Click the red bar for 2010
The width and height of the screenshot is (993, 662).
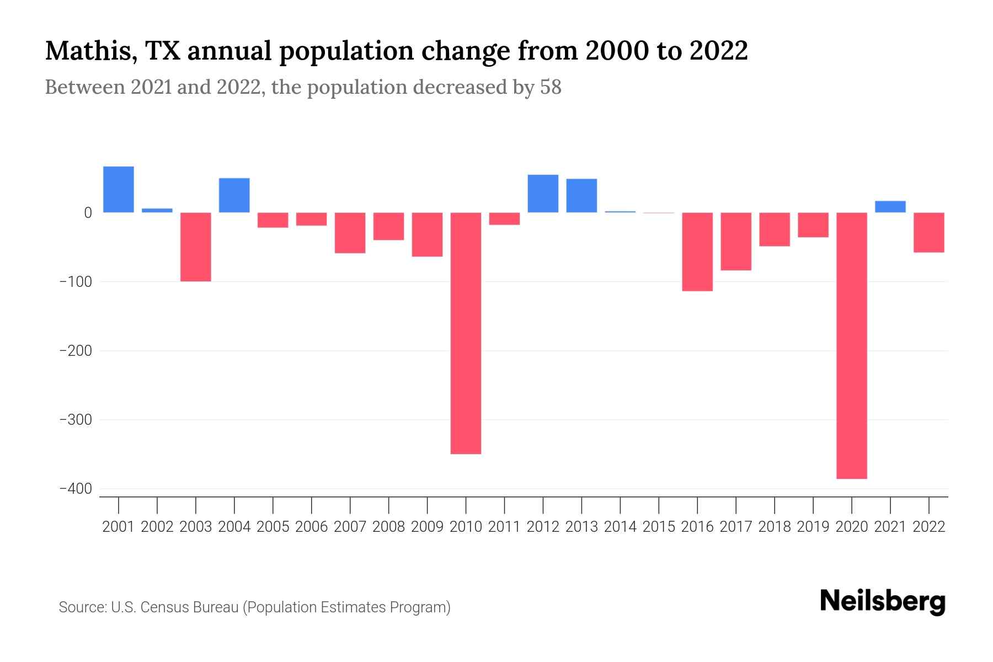[x=466, y=333]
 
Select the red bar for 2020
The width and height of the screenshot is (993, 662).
[x=851, y=345]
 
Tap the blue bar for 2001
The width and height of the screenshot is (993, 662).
[x=119, y=189]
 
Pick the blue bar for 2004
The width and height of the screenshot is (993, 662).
[x=234, y=195]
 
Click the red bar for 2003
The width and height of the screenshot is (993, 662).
[x=195, y=247]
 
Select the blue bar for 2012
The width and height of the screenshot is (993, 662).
[x=543, y=194]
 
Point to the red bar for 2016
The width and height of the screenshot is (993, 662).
[x=697, y=252]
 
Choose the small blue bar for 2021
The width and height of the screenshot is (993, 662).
[x=890, y=206]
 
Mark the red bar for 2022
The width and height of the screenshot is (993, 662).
[x=928, y=232]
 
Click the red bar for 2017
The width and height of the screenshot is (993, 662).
[x=736, y=241]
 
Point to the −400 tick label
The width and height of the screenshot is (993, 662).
[x=76, y=489]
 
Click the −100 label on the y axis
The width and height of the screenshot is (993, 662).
[x=76, y=282]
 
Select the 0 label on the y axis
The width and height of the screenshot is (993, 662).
[x=88, y=213]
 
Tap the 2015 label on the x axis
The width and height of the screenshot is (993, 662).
[x=659, y=527]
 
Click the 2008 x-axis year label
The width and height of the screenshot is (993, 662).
[x=388, y=527]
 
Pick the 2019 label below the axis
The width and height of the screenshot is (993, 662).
[x=813, y=527]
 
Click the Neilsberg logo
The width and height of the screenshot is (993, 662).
[x=882, y=602]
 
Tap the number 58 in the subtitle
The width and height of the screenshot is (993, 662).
[x=550, y=87]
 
